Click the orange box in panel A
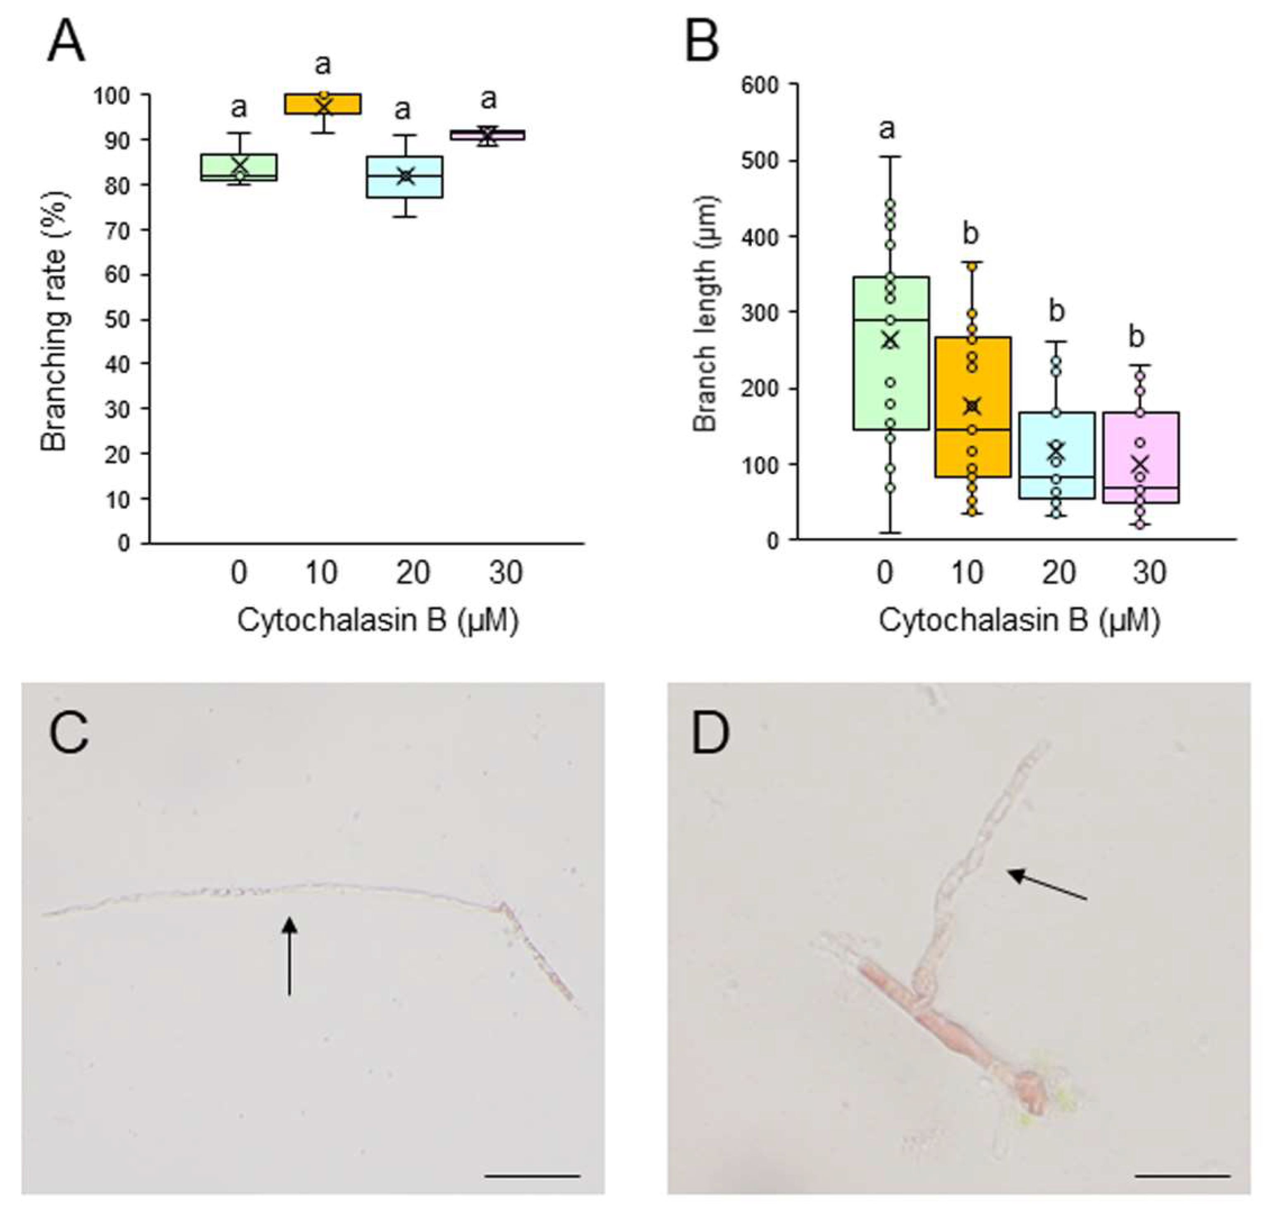point(323,104)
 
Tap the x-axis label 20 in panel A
point(413,572)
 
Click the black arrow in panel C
point(290,956)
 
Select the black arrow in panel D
point(1047,884)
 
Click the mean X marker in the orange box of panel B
point(972,406)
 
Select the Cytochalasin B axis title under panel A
point(377,621)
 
